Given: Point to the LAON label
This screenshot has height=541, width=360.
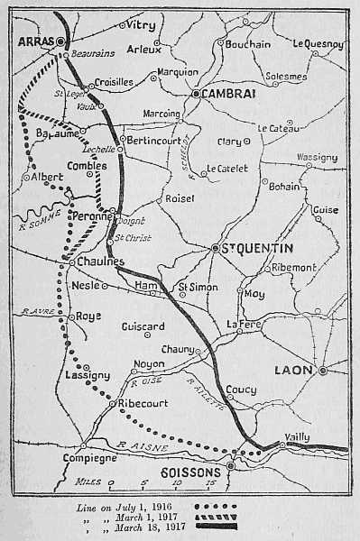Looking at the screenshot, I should (294, 370).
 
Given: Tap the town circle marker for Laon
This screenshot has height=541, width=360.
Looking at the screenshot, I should (323, 370).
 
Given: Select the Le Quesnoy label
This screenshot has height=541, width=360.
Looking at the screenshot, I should (318, 43).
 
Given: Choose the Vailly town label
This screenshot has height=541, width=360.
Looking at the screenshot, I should (297, 436).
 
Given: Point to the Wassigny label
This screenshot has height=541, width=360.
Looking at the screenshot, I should (317, 156).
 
